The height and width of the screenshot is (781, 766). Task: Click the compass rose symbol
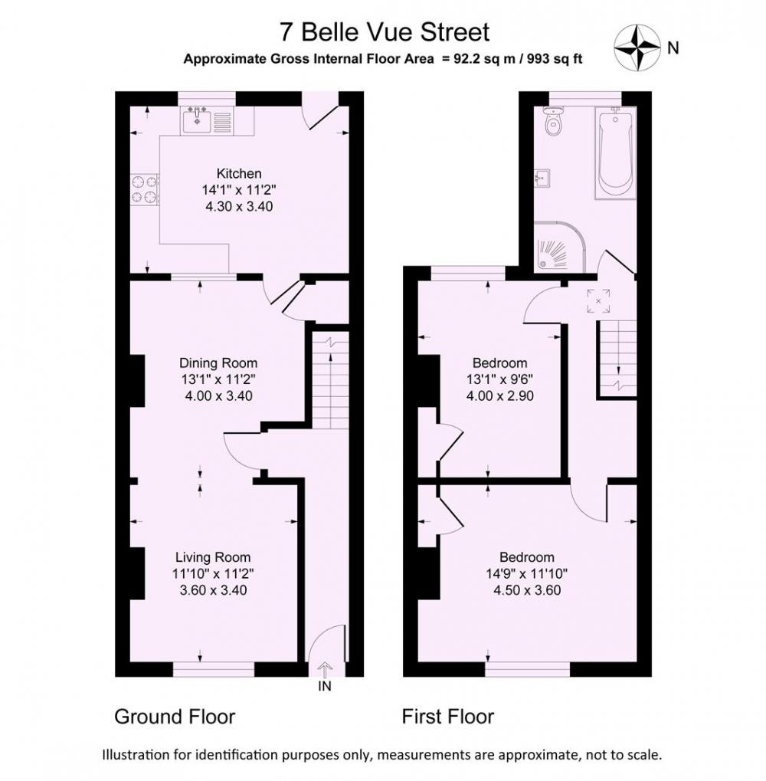pos(637,48)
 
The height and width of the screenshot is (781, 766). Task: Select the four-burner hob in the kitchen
pos(145,190)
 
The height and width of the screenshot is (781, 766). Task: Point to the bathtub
pos(615,153)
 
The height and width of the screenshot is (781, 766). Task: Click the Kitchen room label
pos(239,173)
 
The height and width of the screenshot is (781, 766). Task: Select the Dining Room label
pos(218,363)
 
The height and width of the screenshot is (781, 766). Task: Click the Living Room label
pos(213,557)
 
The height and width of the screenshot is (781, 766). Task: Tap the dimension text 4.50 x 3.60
pos(527,589)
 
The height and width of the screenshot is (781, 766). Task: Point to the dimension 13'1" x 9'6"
pos(499,379)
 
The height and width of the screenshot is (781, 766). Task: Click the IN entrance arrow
pos(325,669)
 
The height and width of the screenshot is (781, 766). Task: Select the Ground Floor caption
pos(175,717)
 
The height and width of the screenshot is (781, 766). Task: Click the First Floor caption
pos(448,717)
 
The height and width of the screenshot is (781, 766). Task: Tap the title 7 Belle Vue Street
pos(385,32)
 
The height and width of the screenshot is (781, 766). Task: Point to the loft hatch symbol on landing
pos(598,301)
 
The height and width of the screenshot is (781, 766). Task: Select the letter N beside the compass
pos(673,48)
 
